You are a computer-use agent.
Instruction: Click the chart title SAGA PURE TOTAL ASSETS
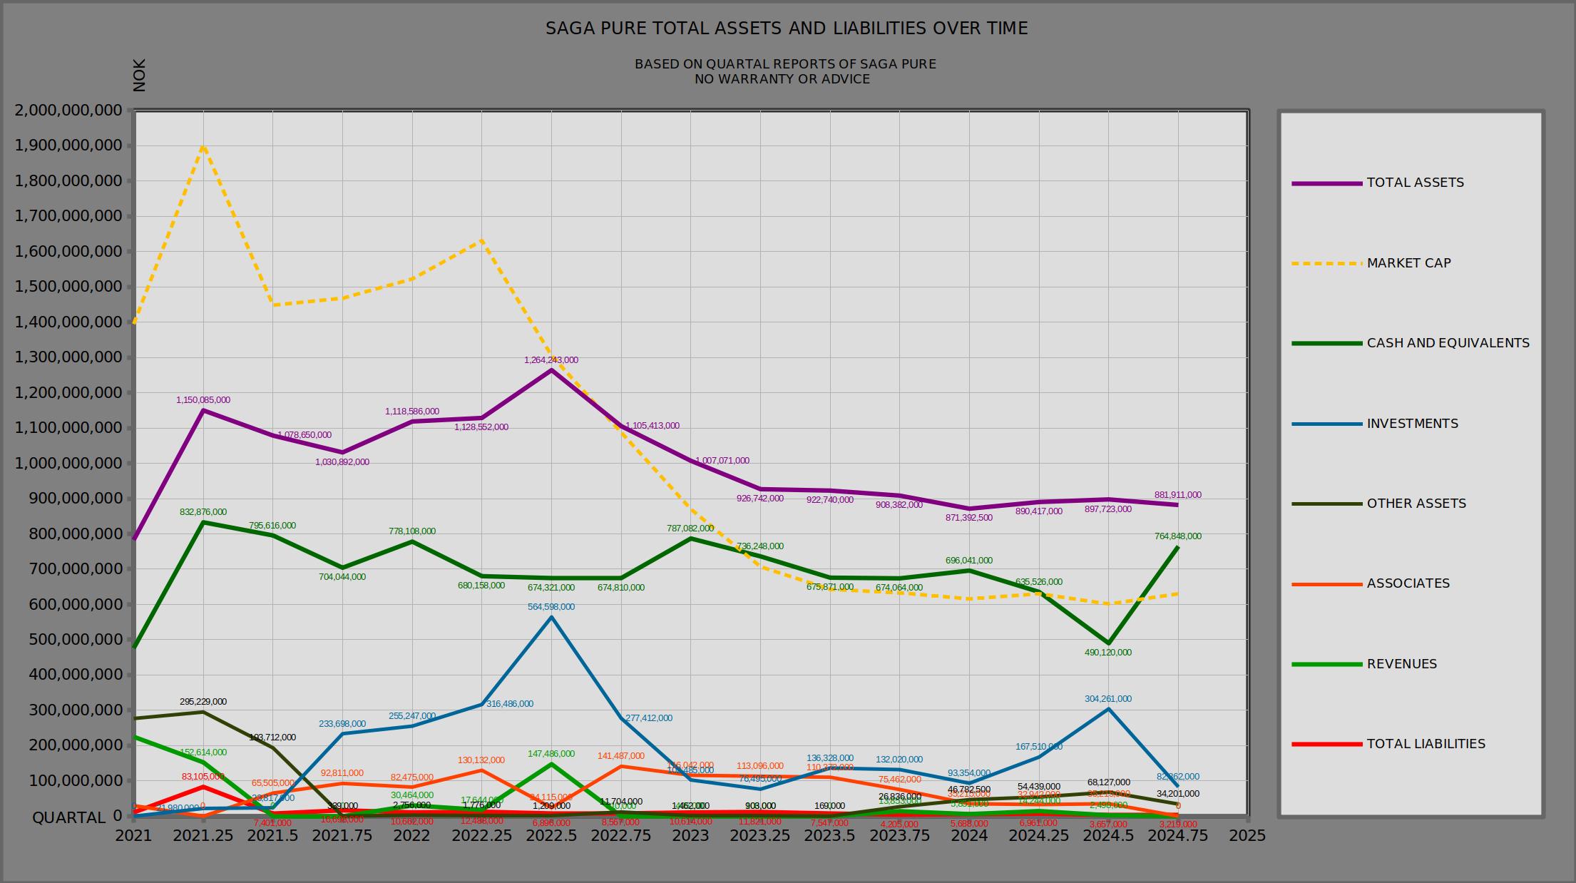(x=787, y=29)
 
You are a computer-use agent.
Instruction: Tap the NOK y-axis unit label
(x=140, y=76)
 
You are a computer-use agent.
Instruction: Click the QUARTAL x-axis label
(x=68, y=817)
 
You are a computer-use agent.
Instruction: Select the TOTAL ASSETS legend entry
(x=1415, y=183)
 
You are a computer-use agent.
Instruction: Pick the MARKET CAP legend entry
(x=1408, y=263)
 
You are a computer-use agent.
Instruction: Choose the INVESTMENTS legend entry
(x=1412, y=424)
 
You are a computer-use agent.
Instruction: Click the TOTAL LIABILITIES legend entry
(x=1426, y=744)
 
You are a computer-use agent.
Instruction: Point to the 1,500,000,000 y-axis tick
(x=68, y=287)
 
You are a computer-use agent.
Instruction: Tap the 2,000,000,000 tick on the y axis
(x=68, y=111)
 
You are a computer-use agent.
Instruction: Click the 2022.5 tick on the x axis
(x=551, y=835)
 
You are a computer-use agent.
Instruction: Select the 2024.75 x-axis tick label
(x=1177, y=835)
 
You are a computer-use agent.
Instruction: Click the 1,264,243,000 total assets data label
(x=551, y=360)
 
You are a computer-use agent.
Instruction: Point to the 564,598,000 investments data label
(x=551, y=607)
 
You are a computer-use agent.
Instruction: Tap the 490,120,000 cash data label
(x=1107, y=653)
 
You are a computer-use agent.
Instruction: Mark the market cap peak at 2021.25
(x=204, y=146)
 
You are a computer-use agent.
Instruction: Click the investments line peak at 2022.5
(x=551, y=617)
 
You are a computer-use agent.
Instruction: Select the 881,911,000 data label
(x=1177, y=495)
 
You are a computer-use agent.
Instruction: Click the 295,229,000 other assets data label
(x=203, y=702)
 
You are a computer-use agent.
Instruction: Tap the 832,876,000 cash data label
(x=203, y=512)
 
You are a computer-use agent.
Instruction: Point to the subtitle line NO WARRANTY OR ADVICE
(x=782, y=79)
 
